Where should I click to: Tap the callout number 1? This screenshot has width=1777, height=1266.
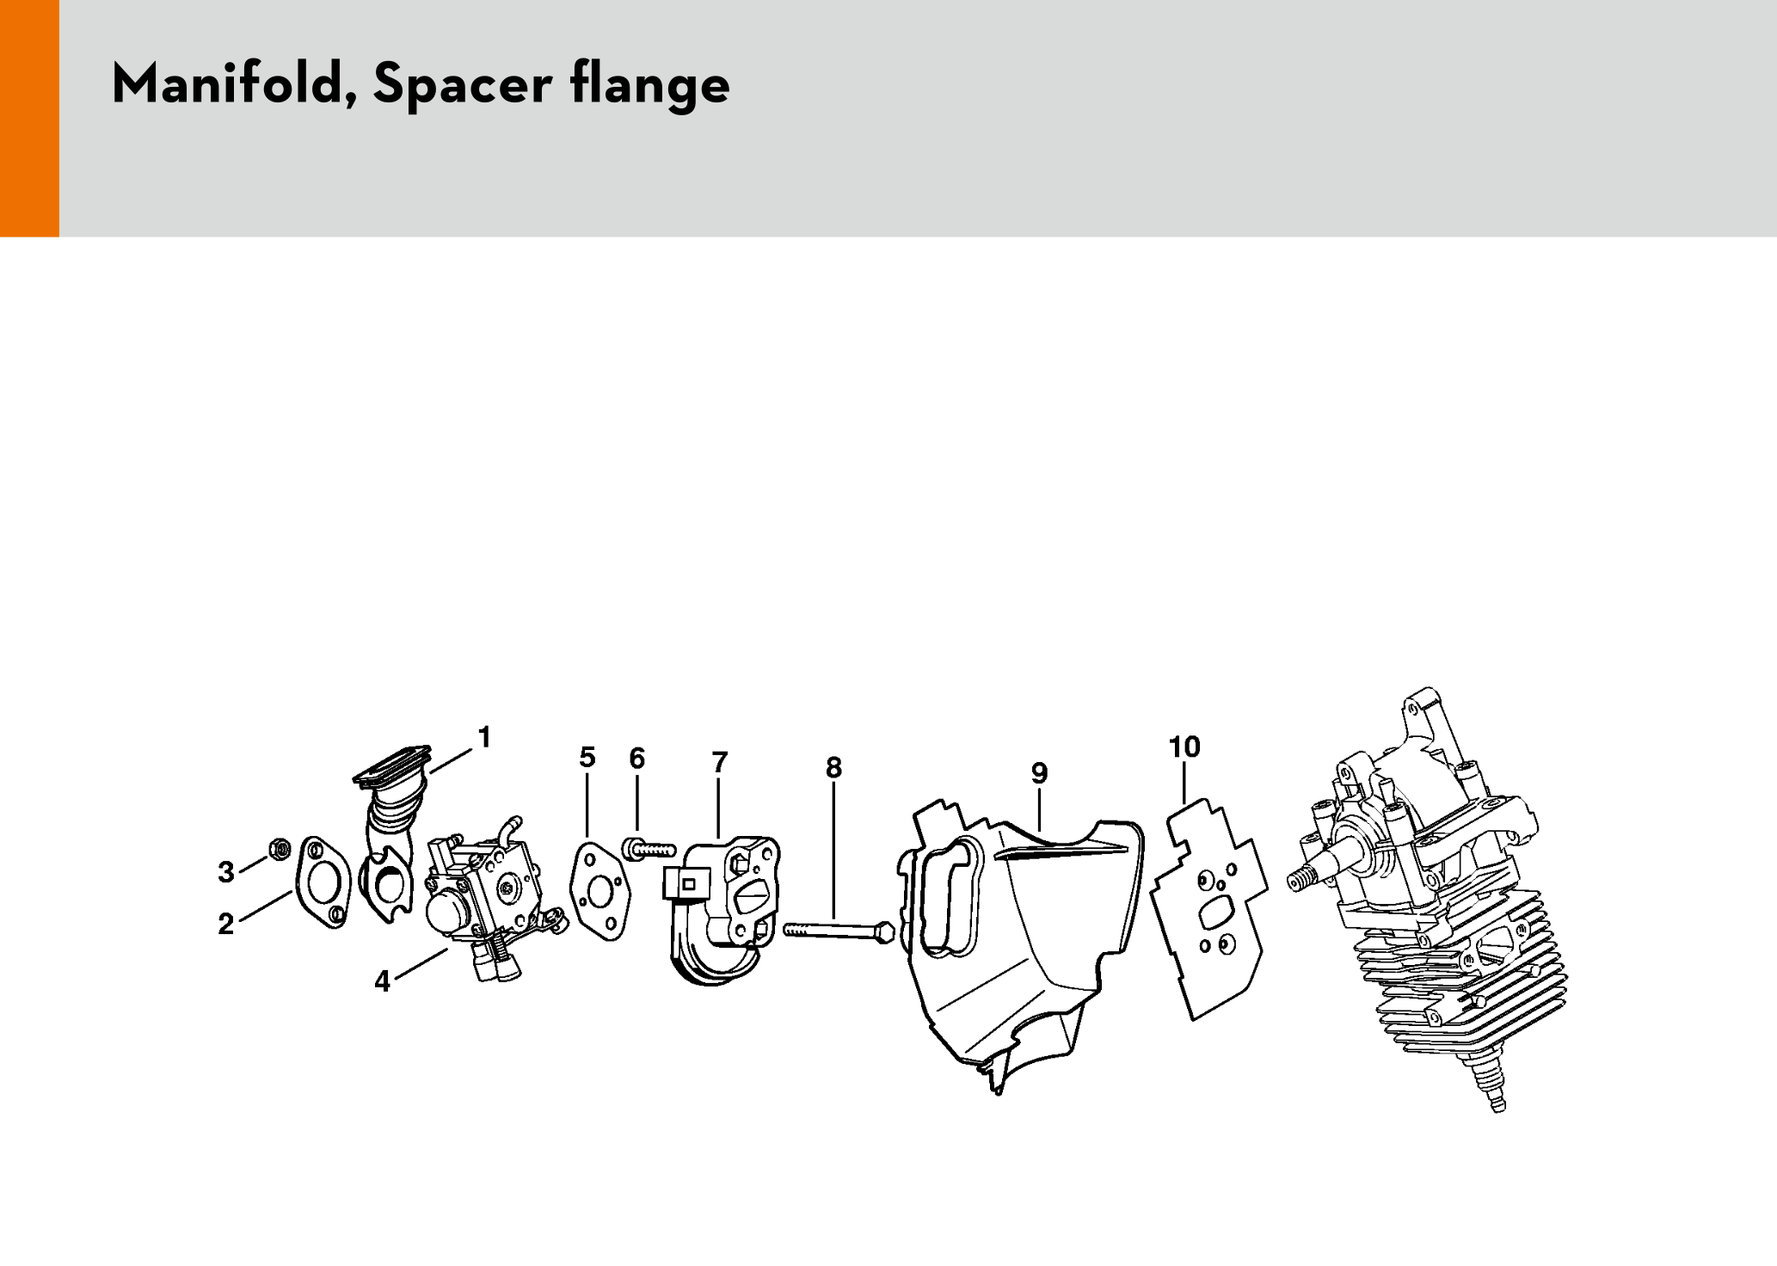pos(485,737)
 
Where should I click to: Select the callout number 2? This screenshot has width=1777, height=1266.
pos(225,924)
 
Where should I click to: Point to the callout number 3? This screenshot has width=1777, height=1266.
pos(226,872)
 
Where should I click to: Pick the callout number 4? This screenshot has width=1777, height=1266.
pos(383,981)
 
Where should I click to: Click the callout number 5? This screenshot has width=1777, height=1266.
pos(587,758)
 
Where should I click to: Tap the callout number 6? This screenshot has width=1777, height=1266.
pos(636,758)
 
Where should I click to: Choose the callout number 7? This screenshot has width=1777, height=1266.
pos(720,762)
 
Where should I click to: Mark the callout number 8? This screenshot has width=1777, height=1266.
pos(833,767)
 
